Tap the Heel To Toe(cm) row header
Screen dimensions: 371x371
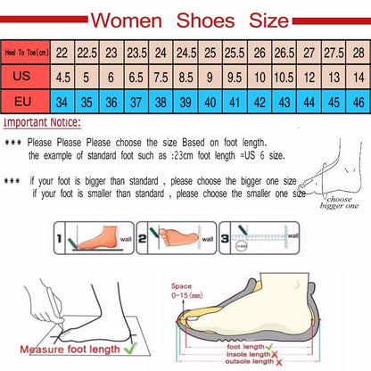(x=25, y=54)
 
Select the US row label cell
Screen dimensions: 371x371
(x=25, y=77)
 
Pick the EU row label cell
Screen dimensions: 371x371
(x=25, y=101)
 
